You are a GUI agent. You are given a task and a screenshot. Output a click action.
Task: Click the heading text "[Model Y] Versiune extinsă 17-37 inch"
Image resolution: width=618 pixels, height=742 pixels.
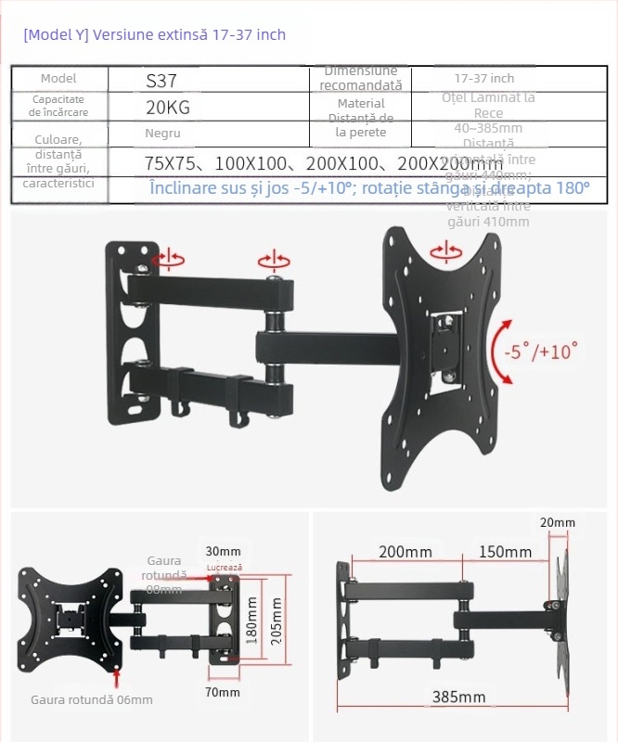[154, 35]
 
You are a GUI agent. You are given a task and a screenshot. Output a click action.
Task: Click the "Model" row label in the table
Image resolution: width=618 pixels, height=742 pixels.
[58, 79]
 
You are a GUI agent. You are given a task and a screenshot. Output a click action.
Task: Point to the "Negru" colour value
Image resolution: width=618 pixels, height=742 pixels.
[162, 134]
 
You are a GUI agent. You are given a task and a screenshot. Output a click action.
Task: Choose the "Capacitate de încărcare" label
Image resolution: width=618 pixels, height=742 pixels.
[58, 105]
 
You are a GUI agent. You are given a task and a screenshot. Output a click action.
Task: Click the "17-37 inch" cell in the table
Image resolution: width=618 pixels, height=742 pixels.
[483, 79]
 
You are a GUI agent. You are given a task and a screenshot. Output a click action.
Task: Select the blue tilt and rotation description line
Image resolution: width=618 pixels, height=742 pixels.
[369, 188]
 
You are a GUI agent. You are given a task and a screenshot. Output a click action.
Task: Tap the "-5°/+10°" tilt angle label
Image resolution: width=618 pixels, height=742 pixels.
[541, 352]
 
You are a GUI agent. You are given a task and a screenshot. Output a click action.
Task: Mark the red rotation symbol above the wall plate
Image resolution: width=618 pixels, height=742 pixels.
[168, 259]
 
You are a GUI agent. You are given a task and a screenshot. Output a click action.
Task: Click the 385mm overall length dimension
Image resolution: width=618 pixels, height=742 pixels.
[458, 697]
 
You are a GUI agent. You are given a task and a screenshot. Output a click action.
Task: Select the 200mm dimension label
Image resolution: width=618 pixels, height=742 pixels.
[406, 552]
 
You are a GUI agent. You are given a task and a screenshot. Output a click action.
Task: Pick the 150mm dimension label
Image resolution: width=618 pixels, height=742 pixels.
[505, 552]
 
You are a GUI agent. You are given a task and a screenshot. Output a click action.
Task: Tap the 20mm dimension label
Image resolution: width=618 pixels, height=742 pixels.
[557, 523]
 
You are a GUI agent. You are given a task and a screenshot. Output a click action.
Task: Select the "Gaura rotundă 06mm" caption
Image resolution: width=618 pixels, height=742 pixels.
[92, 699]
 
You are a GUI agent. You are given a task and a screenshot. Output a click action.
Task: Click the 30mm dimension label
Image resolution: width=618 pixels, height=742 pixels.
[223, 552]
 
